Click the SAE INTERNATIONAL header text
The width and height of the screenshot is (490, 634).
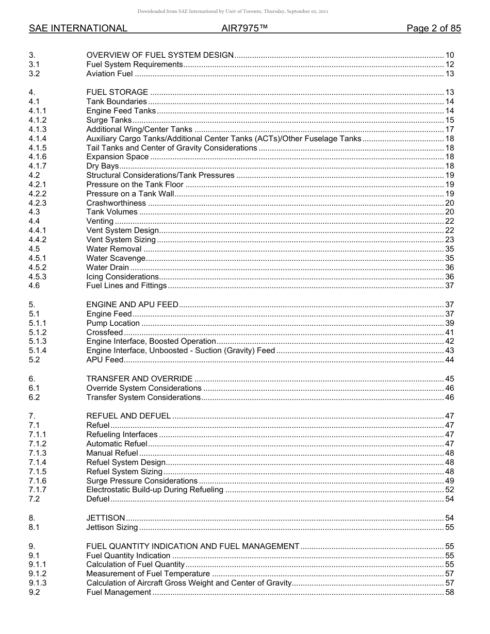pyautogui.click(x=78, y=29)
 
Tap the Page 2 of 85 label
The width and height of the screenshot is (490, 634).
pyautogui.click(x=433, y=29)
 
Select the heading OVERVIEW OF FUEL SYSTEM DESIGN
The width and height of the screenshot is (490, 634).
pyautogui.click(x=160, y=55)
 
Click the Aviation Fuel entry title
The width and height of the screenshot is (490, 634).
pyautogui.click(x=109, y=74)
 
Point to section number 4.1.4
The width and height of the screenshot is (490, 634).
pyautogui.click(x=38, y=139)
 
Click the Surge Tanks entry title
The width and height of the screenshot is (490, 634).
pyautogui.click(x=109, y=120)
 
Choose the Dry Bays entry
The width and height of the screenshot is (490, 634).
pyautogui.click(x=102, y=166)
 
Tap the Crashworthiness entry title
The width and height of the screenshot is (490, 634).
pyautogui.click(x=116, y=203)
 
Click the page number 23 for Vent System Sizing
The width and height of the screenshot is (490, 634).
pyautogui.click(x=449, y=240)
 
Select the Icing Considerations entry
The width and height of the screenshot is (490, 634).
pyautogui.click(x=122, y=277)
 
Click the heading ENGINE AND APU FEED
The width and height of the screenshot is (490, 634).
pyautogui.click(x=132, y=305)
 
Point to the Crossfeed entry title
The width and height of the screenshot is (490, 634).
pyautogui.click(x=104, y=332)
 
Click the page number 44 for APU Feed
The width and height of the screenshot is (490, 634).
pyautogui.click(x=449, y=360)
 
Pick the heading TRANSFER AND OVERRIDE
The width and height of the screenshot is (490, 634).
pyautogui.click(x=139, y=379)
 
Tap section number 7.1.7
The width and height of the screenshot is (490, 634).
pyautogui.click(x=38, y=490)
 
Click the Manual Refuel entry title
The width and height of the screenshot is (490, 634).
pyautogui.click(x=112, y=453)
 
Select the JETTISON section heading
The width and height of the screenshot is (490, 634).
pyautogui.click(x=105, y=518)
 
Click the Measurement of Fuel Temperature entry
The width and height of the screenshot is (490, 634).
pyautogui.click(x=149, y=574)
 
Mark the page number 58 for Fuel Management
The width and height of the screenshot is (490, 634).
pyautogui.click(x=449, y=592)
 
